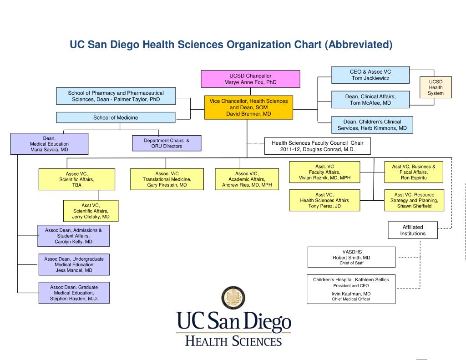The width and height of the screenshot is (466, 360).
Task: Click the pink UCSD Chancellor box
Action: [250, 79]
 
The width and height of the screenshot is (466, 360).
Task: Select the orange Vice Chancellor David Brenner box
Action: [248, 107]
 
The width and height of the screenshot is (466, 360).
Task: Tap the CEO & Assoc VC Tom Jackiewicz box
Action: [370, 75]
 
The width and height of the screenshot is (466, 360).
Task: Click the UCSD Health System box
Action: [436, 87]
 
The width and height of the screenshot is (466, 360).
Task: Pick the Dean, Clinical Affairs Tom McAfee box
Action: [370, 100]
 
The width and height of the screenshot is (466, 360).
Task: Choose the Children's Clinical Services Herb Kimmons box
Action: [372, 125]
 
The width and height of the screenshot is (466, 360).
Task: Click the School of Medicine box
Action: [116, 117]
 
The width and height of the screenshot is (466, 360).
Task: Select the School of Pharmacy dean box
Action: [116, 96]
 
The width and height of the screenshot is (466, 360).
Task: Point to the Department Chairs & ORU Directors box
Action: [167, 143]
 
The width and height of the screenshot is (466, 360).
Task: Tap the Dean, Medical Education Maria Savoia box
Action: [49, 143]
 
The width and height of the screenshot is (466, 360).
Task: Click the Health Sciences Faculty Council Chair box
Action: [317, 146]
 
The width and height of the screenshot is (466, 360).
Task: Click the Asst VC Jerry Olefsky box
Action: [91, 211]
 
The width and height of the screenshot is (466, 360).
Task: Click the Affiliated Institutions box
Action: [413, 230]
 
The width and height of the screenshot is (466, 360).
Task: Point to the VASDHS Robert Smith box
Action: [351, 257]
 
